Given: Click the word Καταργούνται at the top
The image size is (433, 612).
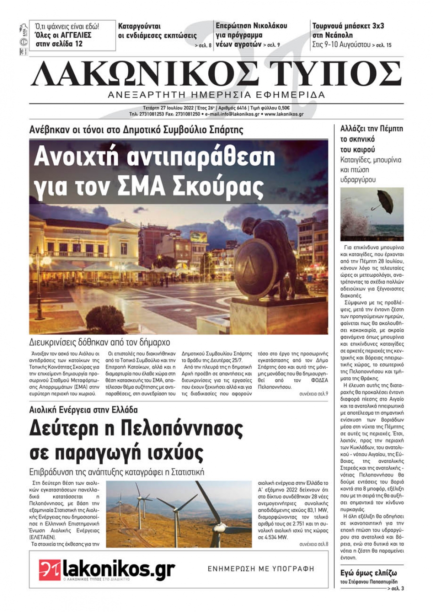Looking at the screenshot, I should coord(139,26).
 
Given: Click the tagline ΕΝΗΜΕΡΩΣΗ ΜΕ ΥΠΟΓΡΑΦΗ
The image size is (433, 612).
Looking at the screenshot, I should coord(261,569).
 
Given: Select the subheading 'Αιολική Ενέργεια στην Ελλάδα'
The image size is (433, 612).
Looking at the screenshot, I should coord(83,409).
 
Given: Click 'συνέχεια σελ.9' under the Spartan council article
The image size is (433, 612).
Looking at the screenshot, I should coord(313,394).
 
